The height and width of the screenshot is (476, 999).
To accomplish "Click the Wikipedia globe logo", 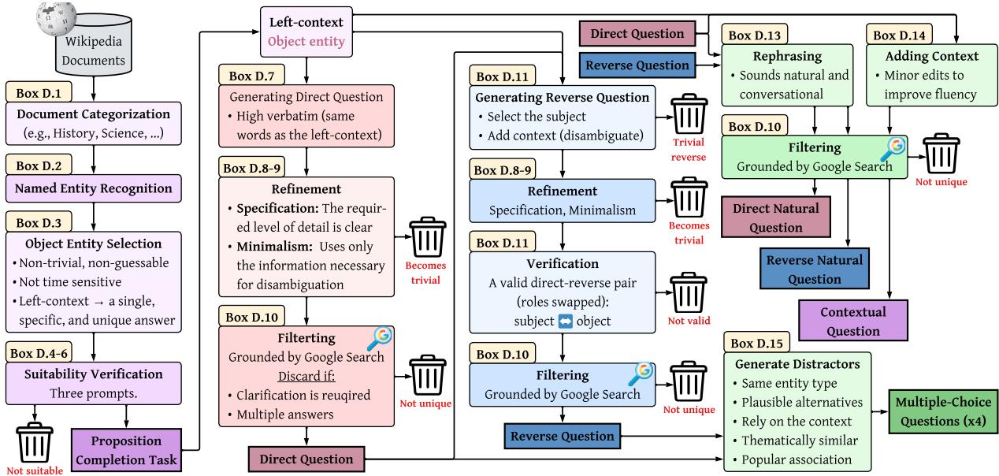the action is [x=56, y=19].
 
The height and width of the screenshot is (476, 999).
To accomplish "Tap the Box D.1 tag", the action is [x=39, y=92].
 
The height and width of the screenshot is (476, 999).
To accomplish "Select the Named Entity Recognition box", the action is [x=94, y=188].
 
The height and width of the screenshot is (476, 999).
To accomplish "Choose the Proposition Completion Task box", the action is [x=126, y=450].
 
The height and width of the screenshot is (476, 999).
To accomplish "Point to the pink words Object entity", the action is [x=306, y=42].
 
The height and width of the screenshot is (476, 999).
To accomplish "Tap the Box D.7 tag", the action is [x=251, y=76].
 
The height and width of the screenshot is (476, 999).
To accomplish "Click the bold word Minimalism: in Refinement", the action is [x=274, y=246].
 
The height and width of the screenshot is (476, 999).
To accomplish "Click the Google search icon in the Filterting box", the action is [x=380, y=339].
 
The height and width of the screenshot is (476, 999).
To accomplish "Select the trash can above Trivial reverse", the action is [x=689, y=113].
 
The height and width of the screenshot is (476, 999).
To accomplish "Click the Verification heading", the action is [x=563, y=264].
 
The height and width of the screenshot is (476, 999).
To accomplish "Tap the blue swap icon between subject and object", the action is [x=565, y=322].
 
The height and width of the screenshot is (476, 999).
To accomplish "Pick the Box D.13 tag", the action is [x=755, y=35].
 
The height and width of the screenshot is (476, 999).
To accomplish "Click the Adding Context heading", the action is [x=932, y=56].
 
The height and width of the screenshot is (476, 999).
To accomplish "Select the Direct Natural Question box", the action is [x=776, y=217].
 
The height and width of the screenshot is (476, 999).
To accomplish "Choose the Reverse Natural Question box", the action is [x=815, y=269].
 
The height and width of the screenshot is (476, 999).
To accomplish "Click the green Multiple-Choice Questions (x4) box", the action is [x=943, y=411].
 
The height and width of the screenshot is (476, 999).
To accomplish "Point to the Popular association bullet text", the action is [x=797, y=459].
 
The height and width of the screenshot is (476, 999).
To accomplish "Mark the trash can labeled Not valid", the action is [x=689, y=292].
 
